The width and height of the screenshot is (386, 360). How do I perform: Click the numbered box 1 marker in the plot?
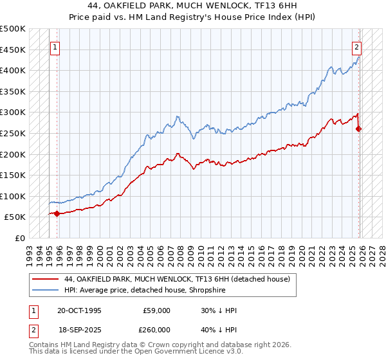(55, 46)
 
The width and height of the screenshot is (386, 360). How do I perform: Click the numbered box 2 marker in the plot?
(356, 46)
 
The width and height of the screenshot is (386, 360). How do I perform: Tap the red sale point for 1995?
(57, 213)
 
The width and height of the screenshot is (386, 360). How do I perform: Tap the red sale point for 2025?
(359, 129)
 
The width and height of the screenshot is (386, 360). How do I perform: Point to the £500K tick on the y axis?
(13, 29)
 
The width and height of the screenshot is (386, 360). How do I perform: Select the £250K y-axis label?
(13, 133)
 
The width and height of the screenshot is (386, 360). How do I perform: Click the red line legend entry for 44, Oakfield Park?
(178, 279)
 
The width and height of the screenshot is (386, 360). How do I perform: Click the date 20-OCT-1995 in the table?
(79, 310)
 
